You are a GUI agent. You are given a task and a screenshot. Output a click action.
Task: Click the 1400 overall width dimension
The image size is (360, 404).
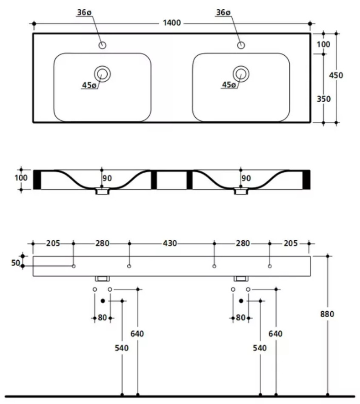171,23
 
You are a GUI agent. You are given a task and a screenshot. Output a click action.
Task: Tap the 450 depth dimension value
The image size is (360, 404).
336,75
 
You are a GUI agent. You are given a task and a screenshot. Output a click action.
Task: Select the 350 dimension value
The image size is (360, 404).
324,99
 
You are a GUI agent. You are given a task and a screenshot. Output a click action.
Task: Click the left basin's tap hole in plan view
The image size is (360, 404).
102,45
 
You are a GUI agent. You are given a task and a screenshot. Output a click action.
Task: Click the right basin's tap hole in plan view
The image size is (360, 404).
241,45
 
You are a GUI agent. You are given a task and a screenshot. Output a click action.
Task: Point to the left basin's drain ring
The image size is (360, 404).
102,74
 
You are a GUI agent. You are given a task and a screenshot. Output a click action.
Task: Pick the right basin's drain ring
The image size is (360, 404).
241,74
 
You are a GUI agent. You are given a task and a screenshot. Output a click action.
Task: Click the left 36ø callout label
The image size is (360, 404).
84,13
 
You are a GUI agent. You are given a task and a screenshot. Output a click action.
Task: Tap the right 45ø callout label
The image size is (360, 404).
229,85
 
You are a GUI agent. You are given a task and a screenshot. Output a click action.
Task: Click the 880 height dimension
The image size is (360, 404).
327,314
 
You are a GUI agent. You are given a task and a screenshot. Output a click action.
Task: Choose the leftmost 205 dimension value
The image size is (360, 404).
53,243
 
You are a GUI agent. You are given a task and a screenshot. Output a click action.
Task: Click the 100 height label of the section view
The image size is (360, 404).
21,178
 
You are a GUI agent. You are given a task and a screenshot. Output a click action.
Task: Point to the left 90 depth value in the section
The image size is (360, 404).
107,178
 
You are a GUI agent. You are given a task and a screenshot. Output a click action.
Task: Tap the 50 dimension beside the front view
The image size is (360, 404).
16,263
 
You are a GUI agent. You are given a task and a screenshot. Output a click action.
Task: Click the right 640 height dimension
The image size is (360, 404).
276,333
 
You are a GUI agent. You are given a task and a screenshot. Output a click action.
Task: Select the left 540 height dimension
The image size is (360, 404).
122,348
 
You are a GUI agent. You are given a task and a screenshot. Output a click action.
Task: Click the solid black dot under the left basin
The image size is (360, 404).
103,301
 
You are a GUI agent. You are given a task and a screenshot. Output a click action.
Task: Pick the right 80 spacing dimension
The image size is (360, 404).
240,317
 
